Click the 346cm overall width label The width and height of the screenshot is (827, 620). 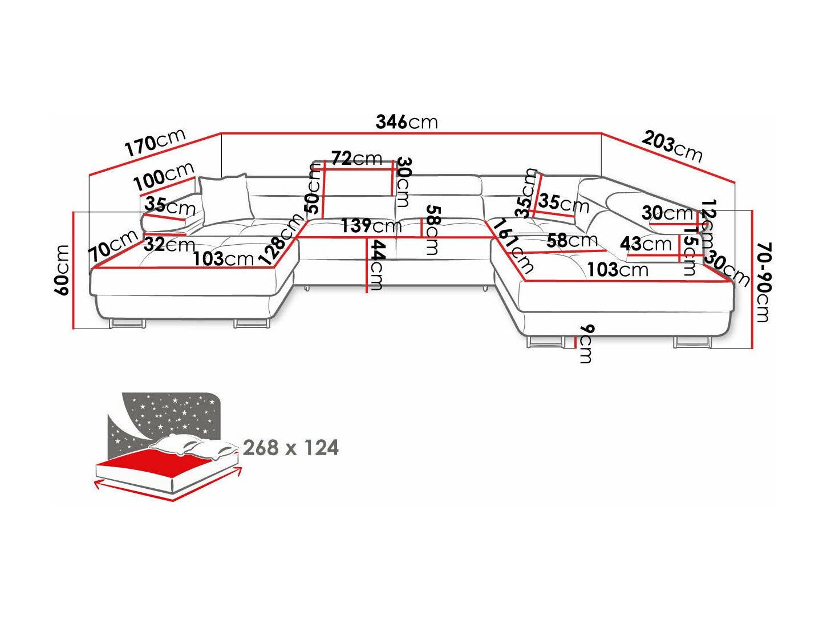407,122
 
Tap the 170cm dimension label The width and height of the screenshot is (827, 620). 156,142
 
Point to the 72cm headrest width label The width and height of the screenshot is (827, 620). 356,158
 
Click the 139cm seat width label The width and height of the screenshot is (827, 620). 371,226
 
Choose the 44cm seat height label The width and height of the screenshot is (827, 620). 377,265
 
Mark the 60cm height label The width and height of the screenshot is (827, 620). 62,270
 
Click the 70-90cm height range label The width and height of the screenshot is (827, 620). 763,282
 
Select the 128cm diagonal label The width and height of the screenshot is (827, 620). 281,239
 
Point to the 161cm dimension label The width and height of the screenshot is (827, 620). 513,246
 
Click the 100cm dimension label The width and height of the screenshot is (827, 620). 164,176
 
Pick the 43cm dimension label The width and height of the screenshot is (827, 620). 646,244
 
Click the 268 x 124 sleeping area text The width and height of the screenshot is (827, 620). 291,448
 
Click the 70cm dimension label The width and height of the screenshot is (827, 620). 113,246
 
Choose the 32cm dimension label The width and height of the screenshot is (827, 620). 169,245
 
